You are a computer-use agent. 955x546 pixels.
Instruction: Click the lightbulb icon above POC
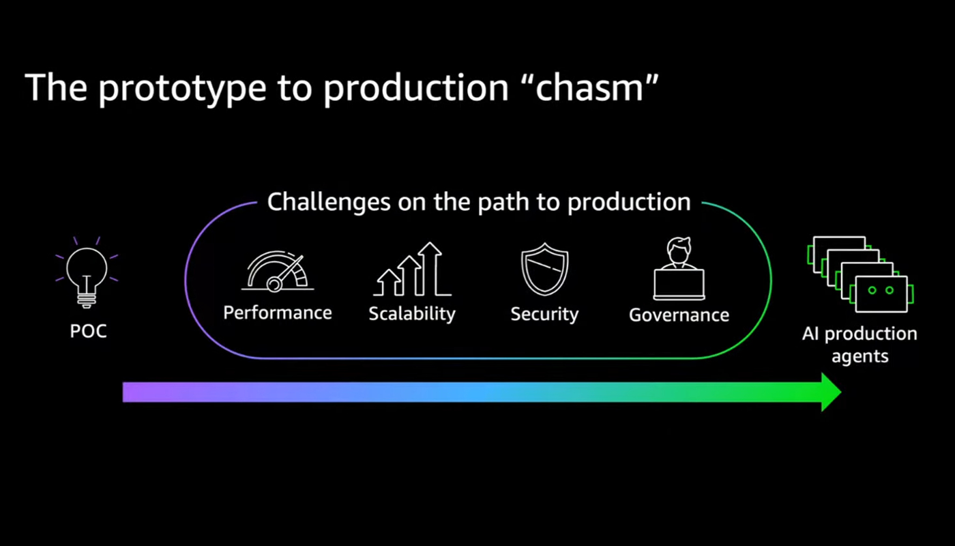tap(87, 272)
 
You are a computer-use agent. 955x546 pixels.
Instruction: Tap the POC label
tap(88, 331)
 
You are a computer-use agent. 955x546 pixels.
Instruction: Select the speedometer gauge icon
tap(278, 272)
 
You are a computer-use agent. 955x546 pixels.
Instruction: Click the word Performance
tap(278, 313)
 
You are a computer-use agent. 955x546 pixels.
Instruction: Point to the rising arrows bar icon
tap(412, 269)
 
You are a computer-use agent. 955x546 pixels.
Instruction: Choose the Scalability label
tap(412, 314)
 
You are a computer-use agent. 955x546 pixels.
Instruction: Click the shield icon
tap(545, 269)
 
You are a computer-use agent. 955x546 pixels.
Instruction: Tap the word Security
tap(545, 315)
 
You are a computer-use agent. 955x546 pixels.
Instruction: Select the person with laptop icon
tap(679, 268)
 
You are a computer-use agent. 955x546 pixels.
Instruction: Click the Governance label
tap(679, 315)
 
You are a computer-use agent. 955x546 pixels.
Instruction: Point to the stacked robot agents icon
tap(860, 274)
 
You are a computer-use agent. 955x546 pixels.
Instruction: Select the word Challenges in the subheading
tap(329, 202)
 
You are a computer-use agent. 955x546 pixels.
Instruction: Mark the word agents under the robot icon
tap(860, 356)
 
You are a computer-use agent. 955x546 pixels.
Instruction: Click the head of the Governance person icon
tap(679, 250)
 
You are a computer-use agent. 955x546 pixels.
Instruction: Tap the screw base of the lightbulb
tap(87, 300)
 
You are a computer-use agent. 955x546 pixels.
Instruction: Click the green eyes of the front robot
tap(881, 291)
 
